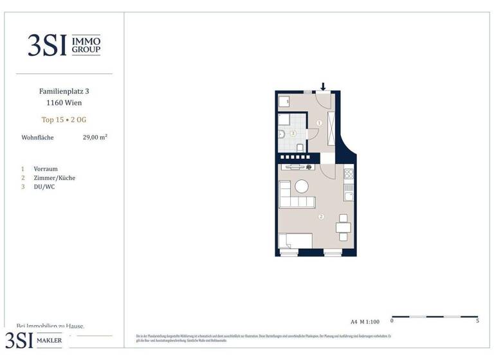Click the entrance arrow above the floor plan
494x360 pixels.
(x=324, y=87)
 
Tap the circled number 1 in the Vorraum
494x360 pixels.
(x=320, y=123)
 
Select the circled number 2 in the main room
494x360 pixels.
(x=320, y=216)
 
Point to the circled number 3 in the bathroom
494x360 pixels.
(x=293, y=134)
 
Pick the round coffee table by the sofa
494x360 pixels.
(x=301, y=186)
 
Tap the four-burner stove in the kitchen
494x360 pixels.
(x=349, y=174)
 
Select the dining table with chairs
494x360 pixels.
(x=343, y=226)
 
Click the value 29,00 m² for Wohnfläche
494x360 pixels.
(x=95, y=138)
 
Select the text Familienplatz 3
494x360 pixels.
(x=64, y=91)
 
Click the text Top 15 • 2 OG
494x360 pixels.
(x=64, y=120)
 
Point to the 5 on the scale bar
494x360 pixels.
(x=477, y=321)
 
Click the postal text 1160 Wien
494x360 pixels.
(x=64, y=103)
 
